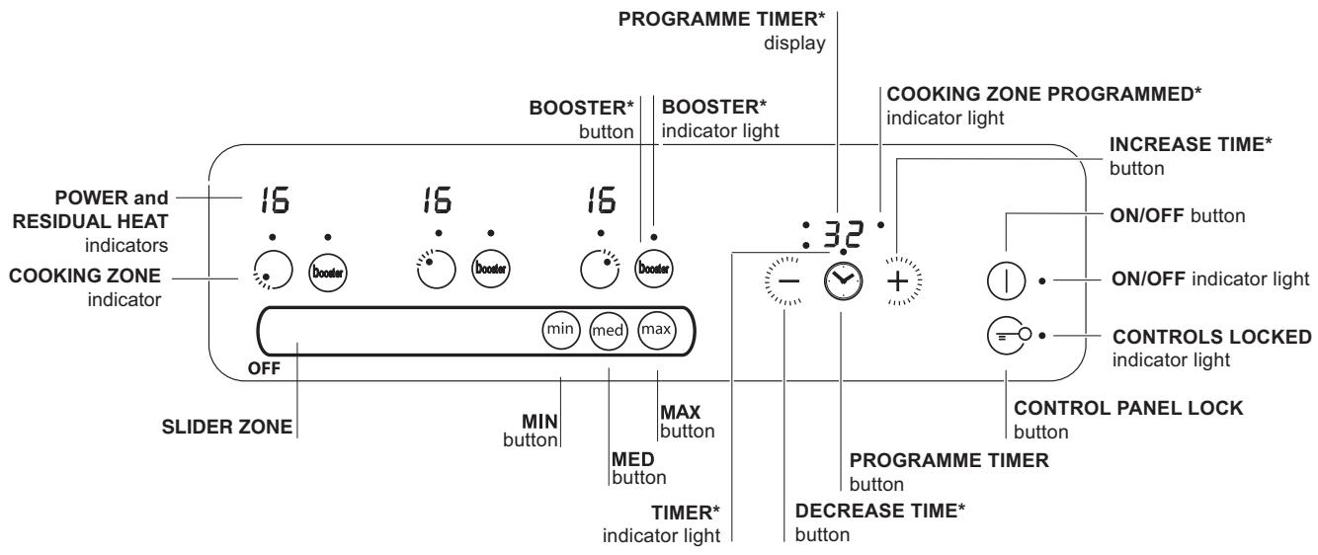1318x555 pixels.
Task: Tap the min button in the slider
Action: (x=559, y=329)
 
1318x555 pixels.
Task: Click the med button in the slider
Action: (x=607, y=330)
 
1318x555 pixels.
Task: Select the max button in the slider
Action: (x=654, y=329)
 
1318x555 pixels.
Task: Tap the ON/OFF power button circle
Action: (x=1005, y=280)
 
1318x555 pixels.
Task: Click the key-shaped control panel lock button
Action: (x=1006, y=335)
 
